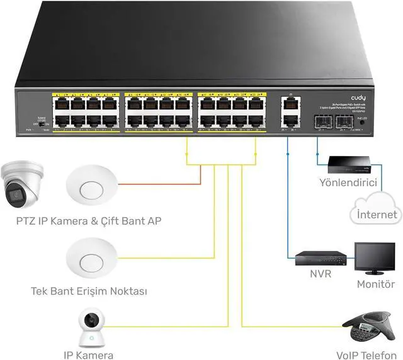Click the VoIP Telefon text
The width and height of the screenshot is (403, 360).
tap(366, 354)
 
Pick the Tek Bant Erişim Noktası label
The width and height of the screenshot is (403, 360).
tap(89, 291)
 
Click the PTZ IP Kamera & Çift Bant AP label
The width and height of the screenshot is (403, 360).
tap(84, 221)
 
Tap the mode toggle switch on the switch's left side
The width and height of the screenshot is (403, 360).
tap(43, 125)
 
